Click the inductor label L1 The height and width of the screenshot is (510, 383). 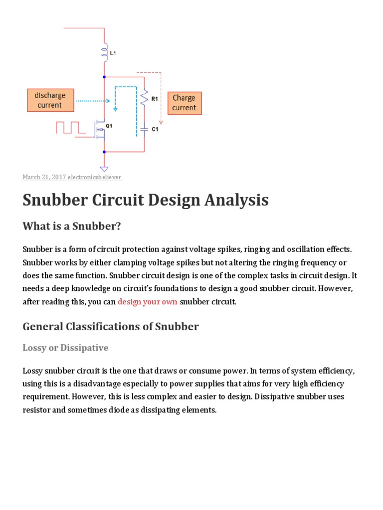(x=113, y=51)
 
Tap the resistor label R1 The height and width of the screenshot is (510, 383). (x=155, y=99)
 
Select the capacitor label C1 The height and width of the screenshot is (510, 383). (x=155, y=129)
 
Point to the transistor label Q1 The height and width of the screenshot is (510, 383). (x=109, y=126)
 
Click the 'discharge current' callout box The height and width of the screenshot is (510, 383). (x=50, y=100)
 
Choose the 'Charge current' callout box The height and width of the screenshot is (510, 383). (x=185, y=103)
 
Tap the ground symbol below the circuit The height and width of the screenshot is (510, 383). (x=104, y=168)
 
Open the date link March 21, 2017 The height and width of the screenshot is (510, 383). (x=44, y=177)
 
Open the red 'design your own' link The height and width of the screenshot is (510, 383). (x=147, y=301)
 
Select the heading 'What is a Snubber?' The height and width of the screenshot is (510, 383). (x=72, y=226)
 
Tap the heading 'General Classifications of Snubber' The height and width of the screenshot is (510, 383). (x=111, y=327)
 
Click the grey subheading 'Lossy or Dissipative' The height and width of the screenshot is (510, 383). (x=65, y=348)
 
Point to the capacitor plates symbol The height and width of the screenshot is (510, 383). (x=144, y=129)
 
